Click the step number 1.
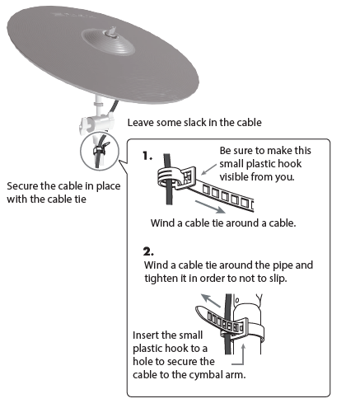(x=146, y=155)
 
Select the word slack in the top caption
(x=197, y=123)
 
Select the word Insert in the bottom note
(x=149, y=335)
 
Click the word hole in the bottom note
(x=145, y=362)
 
